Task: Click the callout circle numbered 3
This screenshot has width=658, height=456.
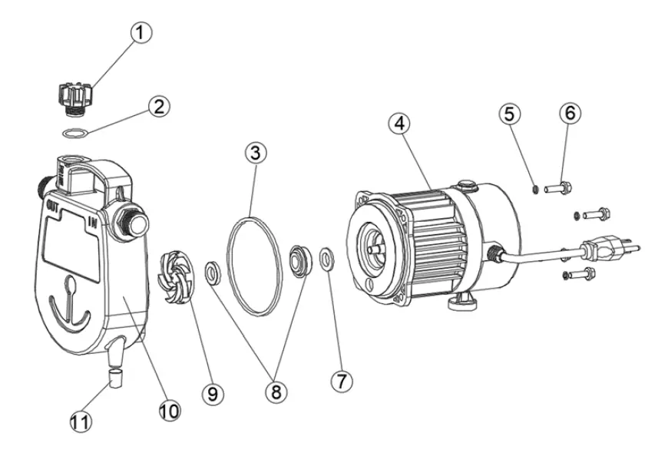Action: (x=256, y=152)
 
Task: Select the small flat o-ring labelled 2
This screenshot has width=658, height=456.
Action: (x=74, y=134)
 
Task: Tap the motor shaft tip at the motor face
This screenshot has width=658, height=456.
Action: (x=374, y=248)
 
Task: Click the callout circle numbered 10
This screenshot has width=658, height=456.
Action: (x=169, y=411)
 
